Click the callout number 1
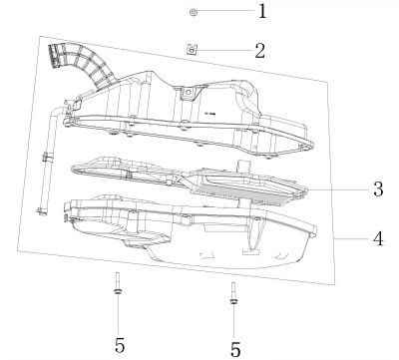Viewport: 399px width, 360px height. pos(262,11)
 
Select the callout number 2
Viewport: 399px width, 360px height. pos(260,51)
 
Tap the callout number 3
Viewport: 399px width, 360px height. pos(378,189)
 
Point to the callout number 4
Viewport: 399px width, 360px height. pos(378,239)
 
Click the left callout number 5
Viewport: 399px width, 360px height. pos(120,345)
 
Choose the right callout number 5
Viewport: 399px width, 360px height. pos(235,349)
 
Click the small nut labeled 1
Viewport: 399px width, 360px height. pos(193,12)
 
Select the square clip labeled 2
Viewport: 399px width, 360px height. pos(192,50)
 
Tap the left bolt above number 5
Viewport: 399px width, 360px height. pos(118,283)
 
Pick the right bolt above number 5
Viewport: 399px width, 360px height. pos(233,293)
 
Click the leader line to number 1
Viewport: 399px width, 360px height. pos(226,11)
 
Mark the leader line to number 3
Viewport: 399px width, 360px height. pos(336,189)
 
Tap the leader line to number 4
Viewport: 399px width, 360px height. pos(351,239)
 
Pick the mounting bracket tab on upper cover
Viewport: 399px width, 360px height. pos(190,94)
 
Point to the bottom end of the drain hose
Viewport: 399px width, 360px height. pos(42,211)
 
